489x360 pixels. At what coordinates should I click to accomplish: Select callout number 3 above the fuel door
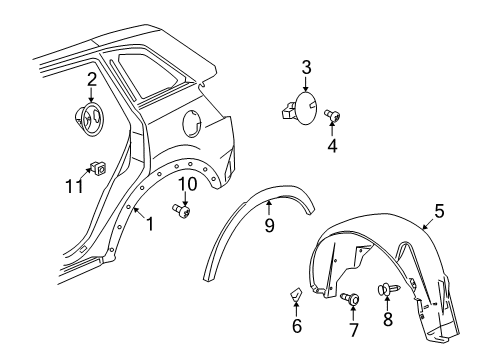click(307, 69)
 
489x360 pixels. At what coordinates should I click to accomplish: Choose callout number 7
click(352, 330)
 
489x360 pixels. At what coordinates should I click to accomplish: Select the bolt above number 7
click(354, 298)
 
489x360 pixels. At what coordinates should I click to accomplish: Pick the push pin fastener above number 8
click(387, 291)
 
